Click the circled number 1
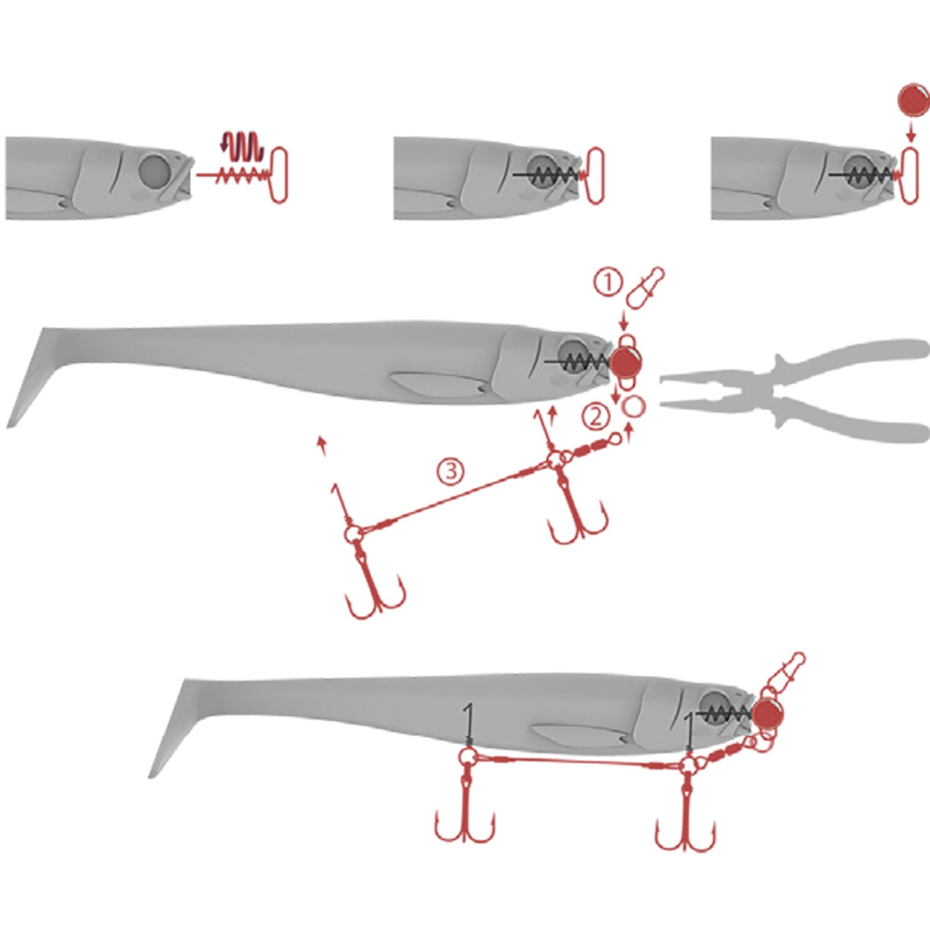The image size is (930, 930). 608,283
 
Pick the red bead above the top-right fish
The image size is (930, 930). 913,101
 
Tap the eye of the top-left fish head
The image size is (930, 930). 153,172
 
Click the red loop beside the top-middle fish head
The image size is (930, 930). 594,175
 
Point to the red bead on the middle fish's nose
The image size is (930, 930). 626,363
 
